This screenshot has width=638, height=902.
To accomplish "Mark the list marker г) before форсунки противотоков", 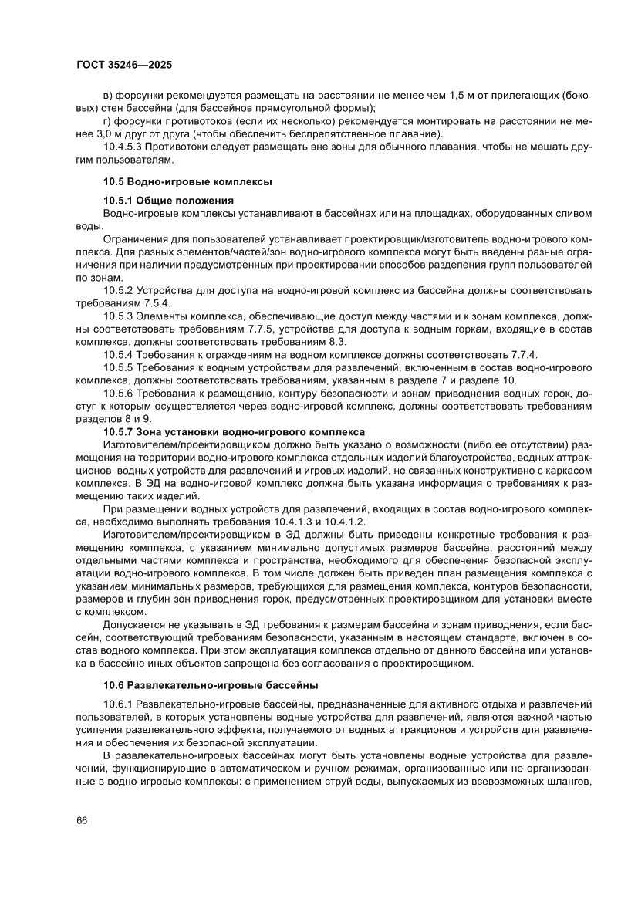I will pos(106,121).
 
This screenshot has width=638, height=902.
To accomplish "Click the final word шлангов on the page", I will pos(567,781).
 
